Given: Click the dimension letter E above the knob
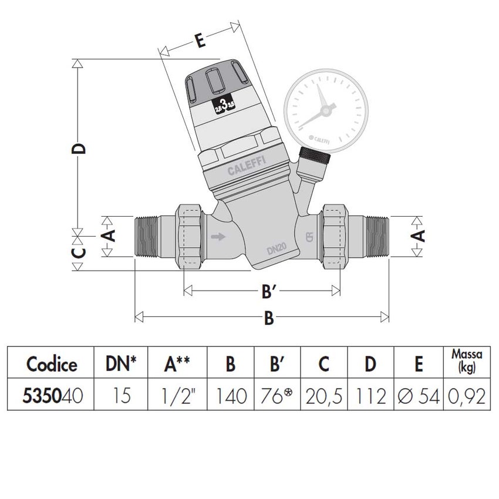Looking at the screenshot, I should point(200,41).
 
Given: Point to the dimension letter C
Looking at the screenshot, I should point(81,252).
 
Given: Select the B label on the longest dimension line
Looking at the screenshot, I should point(268,318).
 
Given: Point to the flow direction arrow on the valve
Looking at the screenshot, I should point(217,237).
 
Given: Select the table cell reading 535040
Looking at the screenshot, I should point(51,397).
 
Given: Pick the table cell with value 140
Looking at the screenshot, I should point(230,397).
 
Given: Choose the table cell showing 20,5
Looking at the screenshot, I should point(323,397).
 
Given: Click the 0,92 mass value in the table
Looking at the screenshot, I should point(465,397).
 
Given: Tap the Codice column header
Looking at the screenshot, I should point(51,364).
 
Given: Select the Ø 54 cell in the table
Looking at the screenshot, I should point(417,397).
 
